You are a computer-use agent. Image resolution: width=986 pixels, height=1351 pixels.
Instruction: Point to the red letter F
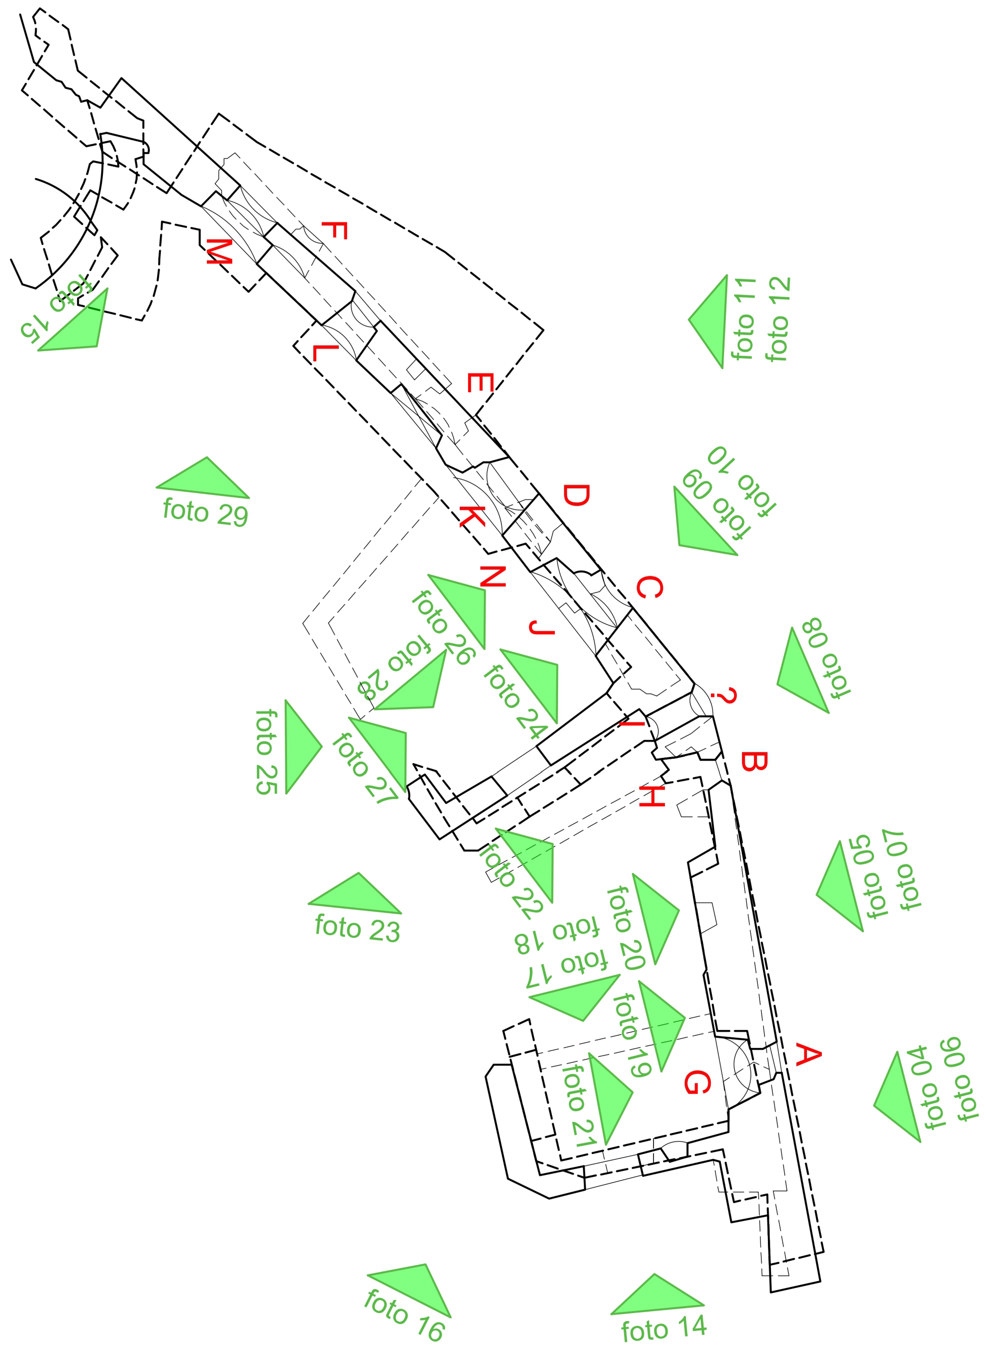(x=334, y=230)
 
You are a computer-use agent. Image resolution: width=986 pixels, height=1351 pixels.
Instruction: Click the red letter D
(x=577, y=495)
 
